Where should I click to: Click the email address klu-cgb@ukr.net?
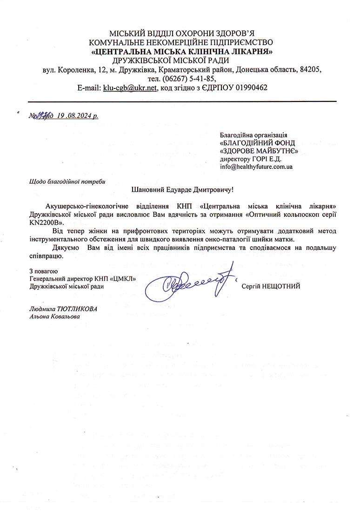click(131, 88)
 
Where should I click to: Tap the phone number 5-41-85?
click(206, 79)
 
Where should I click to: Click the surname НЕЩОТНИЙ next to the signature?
click(271, 286)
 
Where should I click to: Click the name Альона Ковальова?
click(54, 317)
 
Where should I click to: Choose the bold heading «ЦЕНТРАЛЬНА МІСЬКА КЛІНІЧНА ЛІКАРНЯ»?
click(182, 51)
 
